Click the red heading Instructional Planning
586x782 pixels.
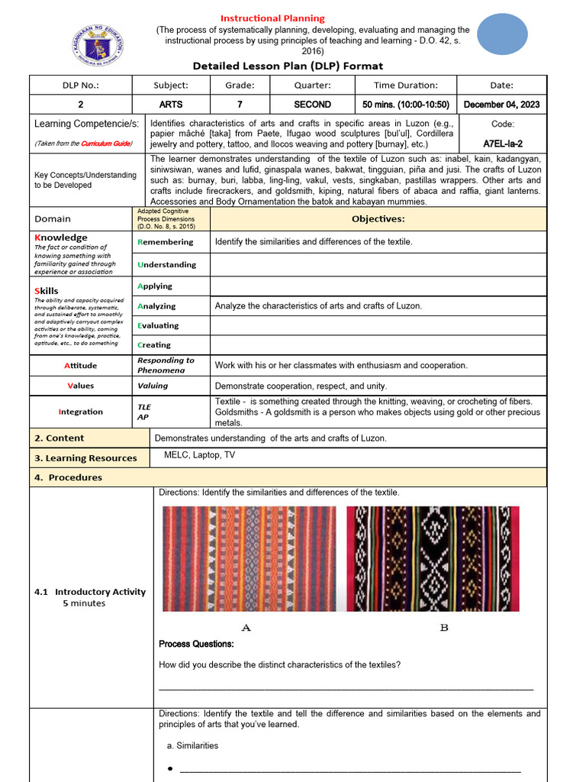pos(272,18)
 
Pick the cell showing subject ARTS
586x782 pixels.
pos(170,105)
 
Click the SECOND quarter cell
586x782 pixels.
pos(312,105)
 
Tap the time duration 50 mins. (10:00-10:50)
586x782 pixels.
pos(405,105)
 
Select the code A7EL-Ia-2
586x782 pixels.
pos(503,143)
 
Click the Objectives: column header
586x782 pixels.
pos(378,219)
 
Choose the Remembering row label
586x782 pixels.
pos(166,242)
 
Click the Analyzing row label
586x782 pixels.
pos(156,306)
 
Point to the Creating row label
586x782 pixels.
pos(154,345)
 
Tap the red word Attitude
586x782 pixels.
pos(80,366)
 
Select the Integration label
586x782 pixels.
pos(80,412)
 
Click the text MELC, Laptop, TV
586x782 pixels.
pos(199,455)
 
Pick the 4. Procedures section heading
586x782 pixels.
pos(68,477)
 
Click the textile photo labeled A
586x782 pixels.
pos(249,557)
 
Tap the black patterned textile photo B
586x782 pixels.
pos(433,557)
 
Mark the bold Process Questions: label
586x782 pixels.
pos(196,644)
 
